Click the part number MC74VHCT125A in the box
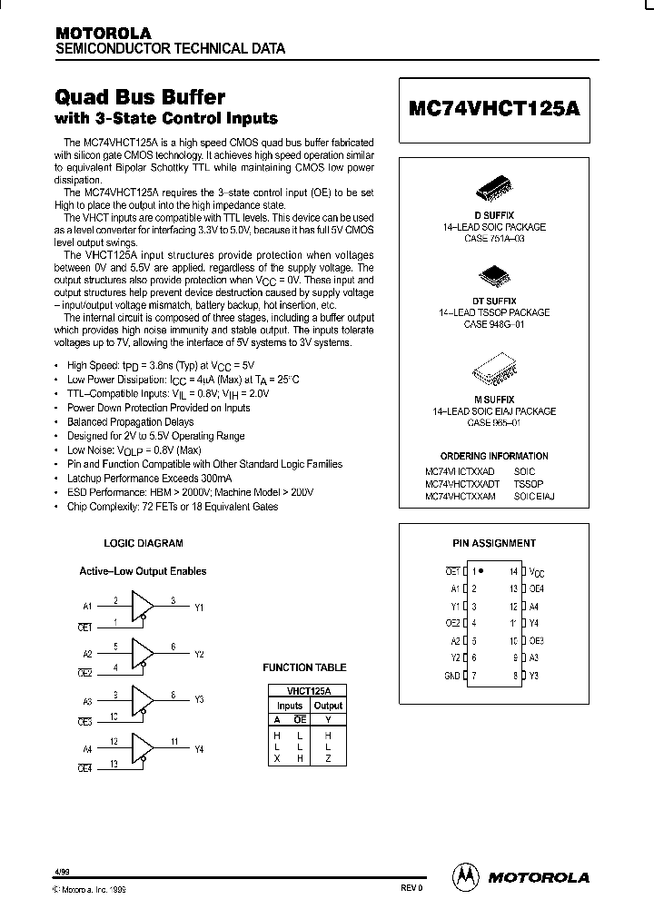[x=494, y=105]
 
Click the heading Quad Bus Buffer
[x=141, y=97]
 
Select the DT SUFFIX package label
[x=494, y=301]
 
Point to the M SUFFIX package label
[x=494, y=400]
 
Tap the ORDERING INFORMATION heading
[x=494, y=456]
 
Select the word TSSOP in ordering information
[x=528, y=485]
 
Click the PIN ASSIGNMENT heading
[x=494, y=543]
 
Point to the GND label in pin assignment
[x=451, y=675]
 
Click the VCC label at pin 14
[x=538, y=573]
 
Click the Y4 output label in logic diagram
[x=199, y=749]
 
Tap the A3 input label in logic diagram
[x=88, y=702]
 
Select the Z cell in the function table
[x=328, y=757]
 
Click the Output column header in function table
[x=328, y=706]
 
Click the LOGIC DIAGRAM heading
[x=144, y=543]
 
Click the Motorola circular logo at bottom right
[x=465, y=876]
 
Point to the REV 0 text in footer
[x=411, y=887]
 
